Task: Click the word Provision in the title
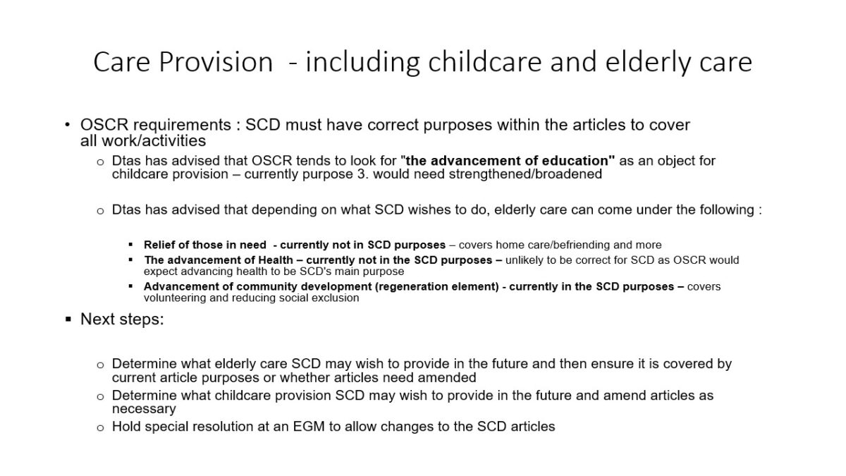[x=216, y=62]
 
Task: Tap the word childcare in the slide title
[x=484, y=62]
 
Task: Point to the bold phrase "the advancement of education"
[x=508, y=161]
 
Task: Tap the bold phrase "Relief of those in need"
[x=205, y=245]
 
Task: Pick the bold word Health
[x=276, y=260]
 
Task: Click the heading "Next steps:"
[x=123, y=319]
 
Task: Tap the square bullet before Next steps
[x=68, y=319]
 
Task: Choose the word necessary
[x=144, y=409]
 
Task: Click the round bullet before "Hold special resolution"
[x=100, y=428]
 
